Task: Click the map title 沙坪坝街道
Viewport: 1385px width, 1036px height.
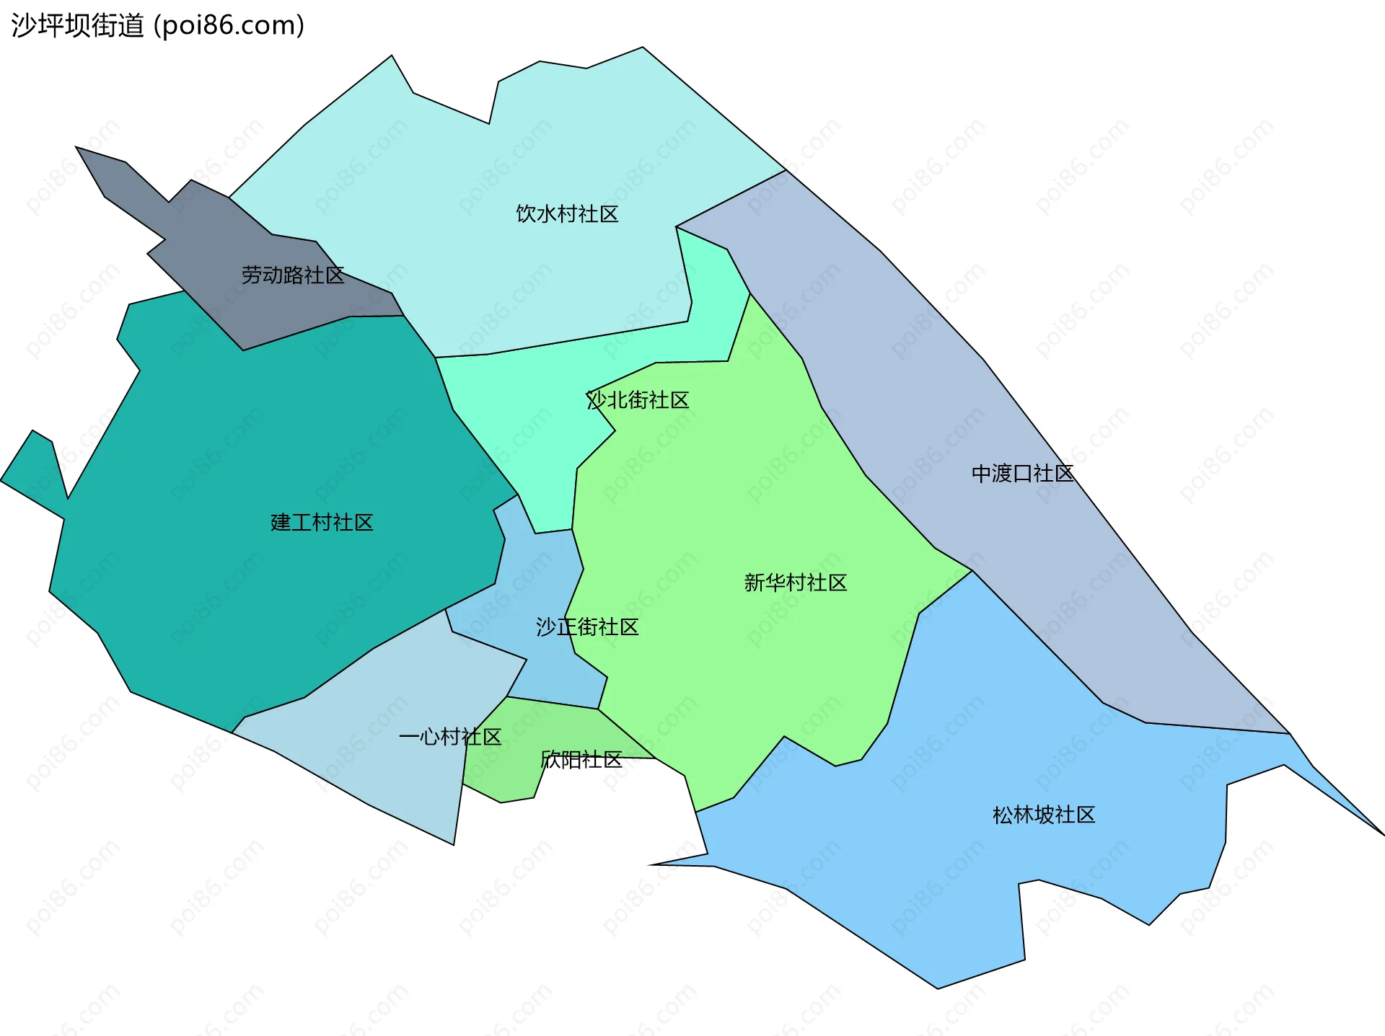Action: (x=78, y=26)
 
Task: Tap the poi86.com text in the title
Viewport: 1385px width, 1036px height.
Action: (x=229, y=26)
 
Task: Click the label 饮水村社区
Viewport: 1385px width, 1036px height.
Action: (x=567, y=214)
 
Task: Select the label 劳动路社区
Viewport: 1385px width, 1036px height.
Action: (x=292, y=275)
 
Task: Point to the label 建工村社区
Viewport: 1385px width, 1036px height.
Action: (x=322, y=523)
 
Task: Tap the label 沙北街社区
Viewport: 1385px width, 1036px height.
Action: (x=638, y=400)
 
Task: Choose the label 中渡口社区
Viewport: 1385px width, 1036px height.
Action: (x=1022, y=474)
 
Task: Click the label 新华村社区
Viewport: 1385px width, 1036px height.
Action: (x=795, y=583)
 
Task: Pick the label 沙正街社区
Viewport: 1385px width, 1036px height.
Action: (x=587, y=627)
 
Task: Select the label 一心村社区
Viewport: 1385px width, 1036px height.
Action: (x=449, y=737)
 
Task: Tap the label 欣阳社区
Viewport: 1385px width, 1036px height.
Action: (x=581, y=760)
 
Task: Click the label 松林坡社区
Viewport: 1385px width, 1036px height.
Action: (x=1044, y=815)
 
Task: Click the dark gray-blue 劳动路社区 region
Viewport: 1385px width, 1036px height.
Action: (x=216, y=238)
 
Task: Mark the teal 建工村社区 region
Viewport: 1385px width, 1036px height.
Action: (x=252, y=447)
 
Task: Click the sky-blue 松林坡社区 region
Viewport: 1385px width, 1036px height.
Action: (x=938, y=865)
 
